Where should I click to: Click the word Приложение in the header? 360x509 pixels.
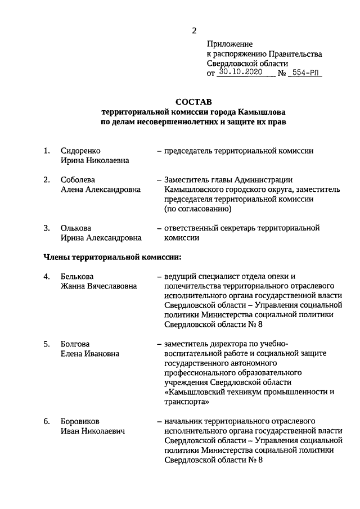(x=230, y=44)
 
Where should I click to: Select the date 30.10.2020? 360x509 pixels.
(x=241, y=73)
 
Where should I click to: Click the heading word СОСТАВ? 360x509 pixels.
(x=193, y=102)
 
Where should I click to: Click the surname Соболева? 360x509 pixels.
(x=77, y=179)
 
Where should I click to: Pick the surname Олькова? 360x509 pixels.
(x=76, y=228)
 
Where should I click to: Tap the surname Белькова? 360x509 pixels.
(x=77, y=276)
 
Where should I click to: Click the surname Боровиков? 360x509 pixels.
(x=81, y=421)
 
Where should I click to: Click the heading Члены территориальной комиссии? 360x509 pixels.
(x=113, y=257)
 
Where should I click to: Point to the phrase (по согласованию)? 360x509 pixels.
(x=197, y=209)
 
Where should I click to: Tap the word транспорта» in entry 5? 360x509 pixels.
(x=187, y=402)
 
